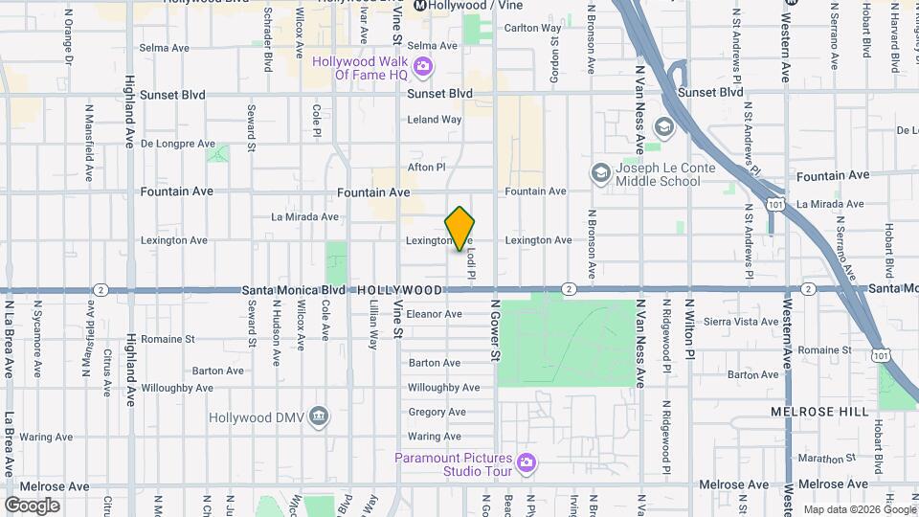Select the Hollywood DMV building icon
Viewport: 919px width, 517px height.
tap(320, 416)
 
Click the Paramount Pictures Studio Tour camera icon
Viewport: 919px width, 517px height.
tap(526, 463)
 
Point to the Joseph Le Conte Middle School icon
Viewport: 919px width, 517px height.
tap(600, 172)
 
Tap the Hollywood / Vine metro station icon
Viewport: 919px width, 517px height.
tap(419, 6)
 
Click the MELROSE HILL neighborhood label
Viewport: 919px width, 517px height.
tap(820, 412)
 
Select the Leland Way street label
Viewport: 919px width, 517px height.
tap(435, 120)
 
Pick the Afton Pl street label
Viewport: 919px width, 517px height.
tap(427, 167)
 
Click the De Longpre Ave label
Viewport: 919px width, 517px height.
tap(178, 144)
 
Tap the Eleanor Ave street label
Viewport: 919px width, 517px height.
tap(435, 313)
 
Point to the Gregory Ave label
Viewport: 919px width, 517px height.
tap(437, 413)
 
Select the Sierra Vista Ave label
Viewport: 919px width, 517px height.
tap(741, 322)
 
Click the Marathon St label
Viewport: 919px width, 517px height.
tap(818, 459)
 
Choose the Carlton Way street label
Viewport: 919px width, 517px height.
tap(532, 28)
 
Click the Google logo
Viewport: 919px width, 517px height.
tap(32, 506)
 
